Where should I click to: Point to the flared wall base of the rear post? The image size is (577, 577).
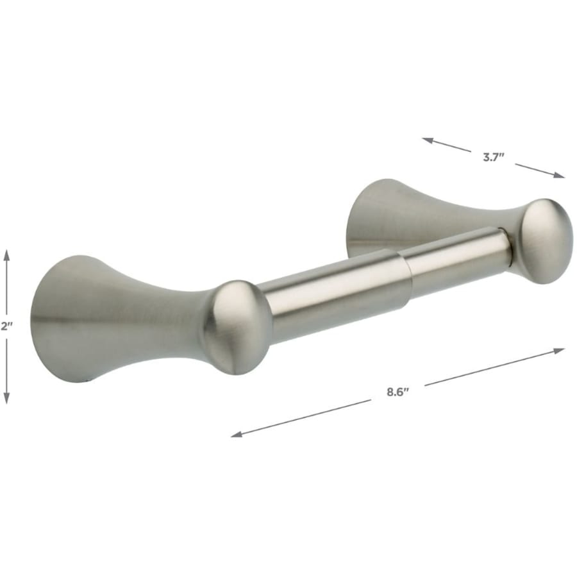click(365, 212)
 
